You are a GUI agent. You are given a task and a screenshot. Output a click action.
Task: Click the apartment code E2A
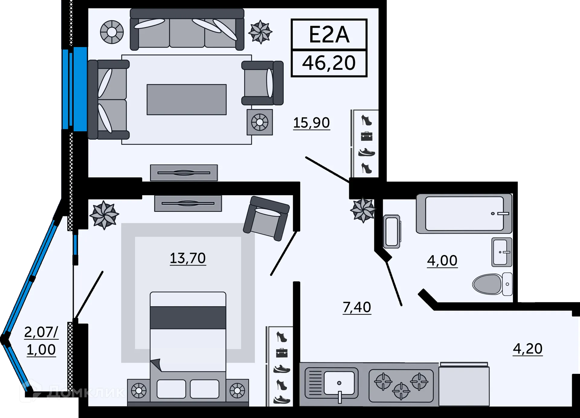tap(329, 34)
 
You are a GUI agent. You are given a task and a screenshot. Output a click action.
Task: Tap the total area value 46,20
tap(329, 63)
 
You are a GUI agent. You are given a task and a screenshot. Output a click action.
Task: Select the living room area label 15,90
tap(311, 123)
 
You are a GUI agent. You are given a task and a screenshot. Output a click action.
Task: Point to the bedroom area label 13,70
tap(188, 258)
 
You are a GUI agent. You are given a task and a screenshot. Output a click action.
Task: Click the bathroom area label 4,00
tap(442, 261)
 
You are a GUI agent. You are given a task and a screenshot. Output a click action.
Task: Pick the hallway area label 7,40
tap(357, 307)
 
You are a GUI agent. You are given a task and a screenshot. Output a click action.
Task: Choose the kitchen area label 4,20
tap(527, 349)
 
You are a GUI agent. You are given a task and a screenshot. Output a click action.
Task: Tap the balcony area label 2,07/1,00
tap(41, 341)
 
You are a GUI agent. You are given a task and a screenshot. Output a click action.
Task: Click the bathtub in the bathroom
tap(464, 214)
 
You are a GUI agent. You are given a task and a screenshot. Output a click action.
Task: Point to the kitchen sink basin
tap(339, 383)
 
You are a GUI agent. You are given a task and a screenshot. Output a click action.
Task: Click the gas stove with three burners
tap(401, 386)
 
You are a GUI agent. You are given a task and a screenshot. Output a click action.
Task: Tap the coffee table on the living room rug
tap(187, 99)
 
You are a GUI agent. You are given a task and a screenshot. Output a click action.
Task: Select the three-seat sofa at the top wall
tap(187, 29)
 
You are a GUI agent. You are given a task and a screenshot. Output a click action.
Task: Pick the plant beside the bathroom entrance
tap(363, 210)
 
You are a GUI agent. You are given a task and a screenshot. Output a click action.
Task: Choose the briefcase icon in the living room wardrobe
tap(367, 136)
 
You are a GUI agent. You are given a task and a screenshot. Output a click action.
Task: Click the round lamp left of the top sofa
tap(112, 32)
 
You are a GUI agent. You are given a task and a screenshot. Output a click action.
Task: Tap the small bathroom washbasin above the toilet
tap(501, 252)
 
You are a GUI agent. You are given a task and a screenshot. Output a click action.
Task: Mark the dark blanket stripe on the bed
tap(188, 317)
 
